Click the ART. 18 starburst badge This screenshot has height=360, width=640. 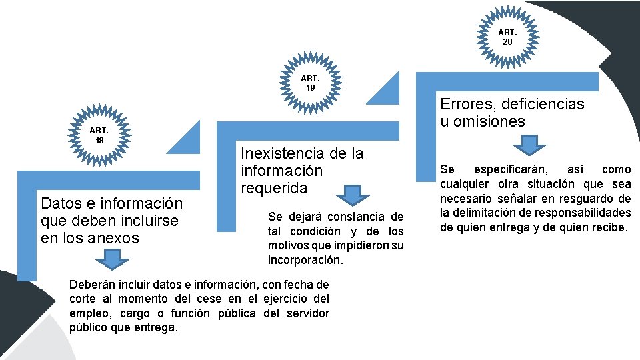pyautogui.click(x=99, y=135)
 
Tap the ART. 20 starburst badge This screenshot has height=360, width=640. pyautogui.click(x=507, y=37)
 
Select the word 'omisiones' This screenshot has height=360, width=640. pyautogui.click(x=493, y=121)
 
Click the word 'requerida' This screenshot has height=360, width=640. pyautogui.click(x=274, y=188)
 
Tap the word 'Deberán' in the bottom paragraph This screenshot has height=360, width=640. pyautogui.click(x=89, y=285)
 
